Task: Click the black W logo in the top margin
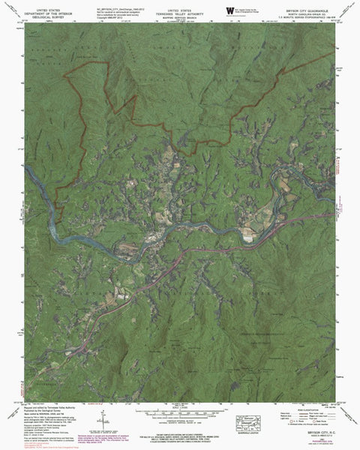[229, 8]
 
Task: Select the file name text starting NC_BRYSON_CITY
[112, 4]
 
